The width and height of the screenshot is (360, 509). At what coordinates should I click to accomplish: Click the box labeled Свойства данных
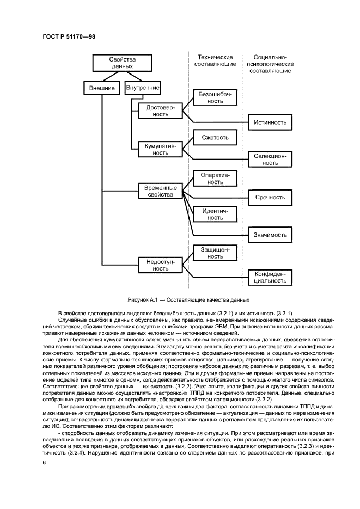coord(123,62)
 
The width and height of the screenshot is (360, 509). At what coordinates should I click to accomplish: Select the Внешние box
coord(102,88)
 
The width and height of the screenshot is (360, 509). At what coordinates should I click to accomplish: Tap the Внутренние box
coord(143,88)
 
